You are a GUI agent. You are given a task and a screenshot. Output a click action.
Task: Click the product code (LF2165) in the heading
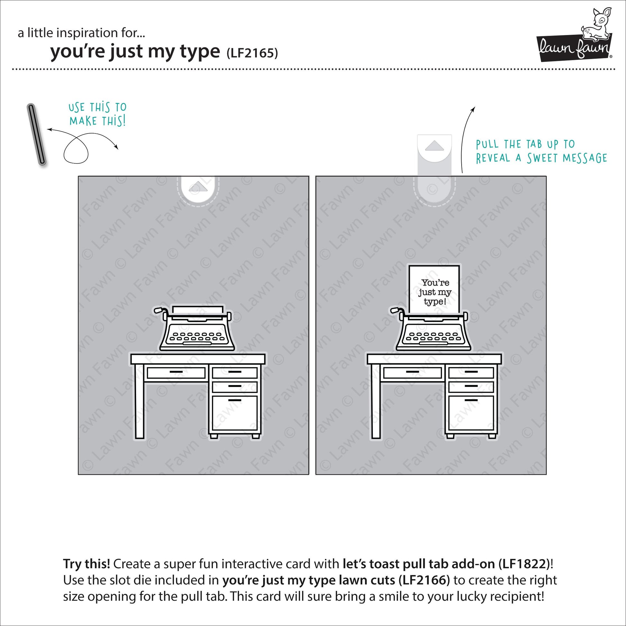click(252, 53)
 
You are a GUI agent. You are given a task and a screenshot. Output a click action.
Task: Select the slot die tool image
click(36, 134)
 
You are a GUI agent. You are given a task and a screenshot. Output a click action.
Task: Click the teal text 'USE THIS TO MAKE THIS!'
click(97, 114)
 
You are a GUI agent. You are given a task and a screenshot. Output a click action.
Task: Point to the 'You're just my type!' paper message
click(434, 289)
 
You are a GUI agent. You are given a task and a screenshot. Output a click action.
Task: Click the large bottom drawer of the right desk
click(471, 414)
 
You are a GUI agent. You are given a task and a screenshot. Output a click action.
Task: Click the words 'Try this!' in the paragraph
click(87, 564)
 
